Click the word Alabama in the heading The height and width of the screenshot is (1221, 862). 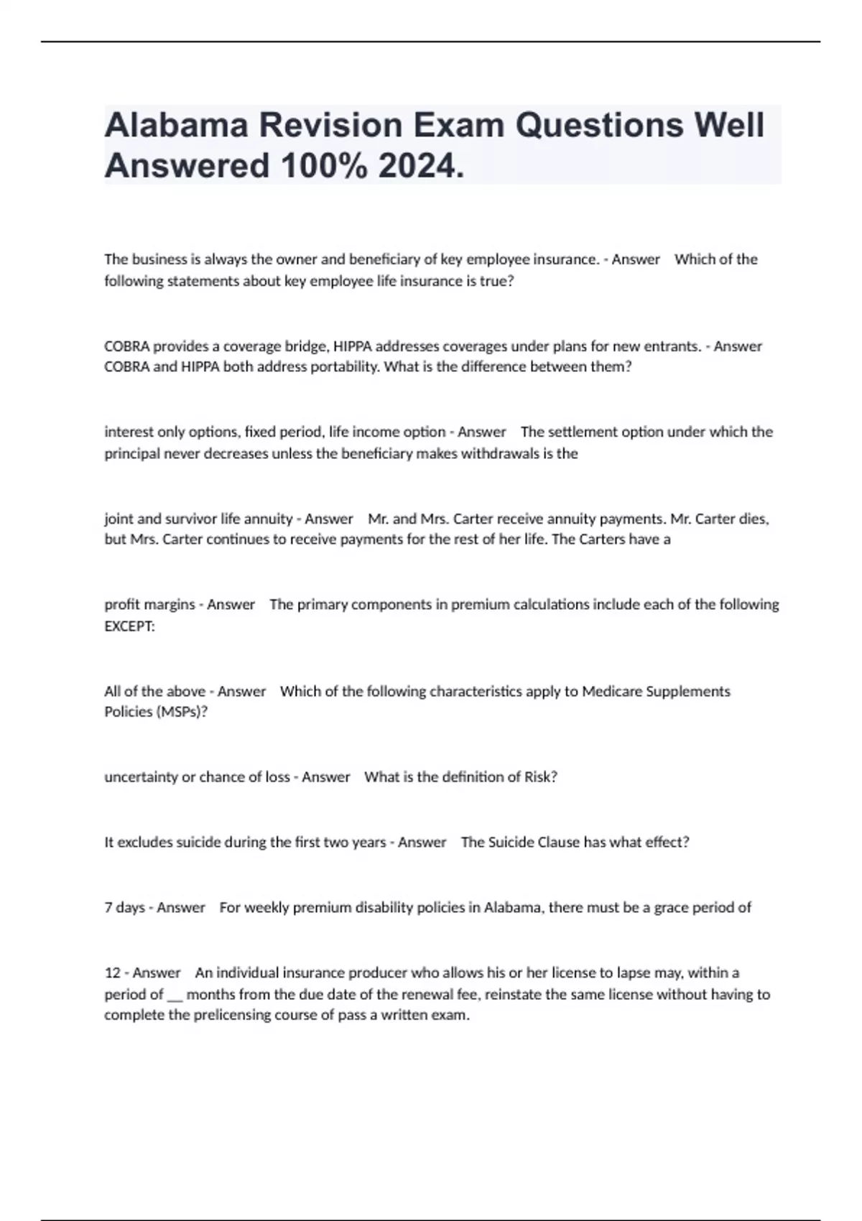(x=176, y=125)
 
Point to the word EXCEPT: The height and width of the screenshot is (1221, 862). (x=129, y=626)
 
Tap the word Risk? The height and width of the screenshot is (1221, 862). (x=540, y=777)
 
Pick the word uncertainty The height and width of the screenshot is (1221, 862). (x=141, y=777)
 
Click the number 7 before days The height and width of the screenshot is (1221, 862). (x=108, y=908)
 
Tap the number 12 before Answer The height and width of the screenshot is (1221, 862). (x=112, y=973)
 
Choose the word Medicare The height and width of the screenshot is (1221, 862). (x=612, y=692)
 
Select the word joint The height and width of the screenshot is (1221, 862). (x=118, y=519)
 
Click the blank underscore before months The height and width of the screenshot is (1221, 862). (x=175, y=995)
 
